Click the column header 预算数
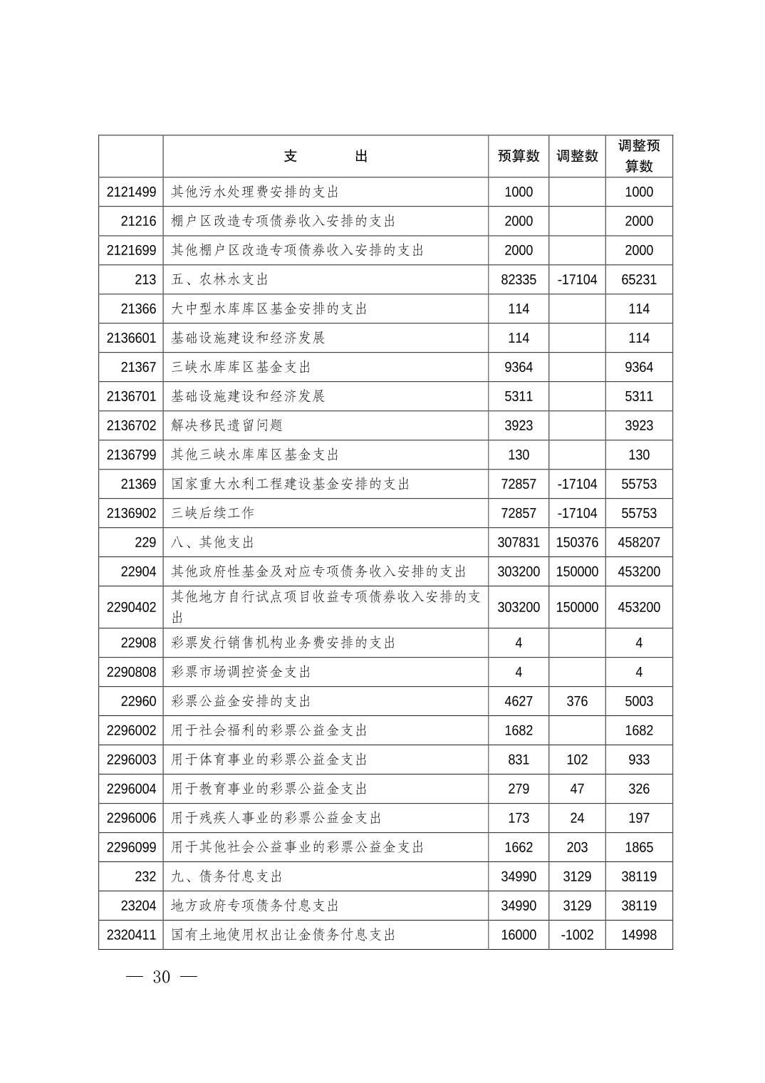coord(518,156)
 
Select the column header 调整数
coord(577,156)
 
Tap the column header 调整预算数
coord(639,156)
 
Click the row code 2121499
coord(131,192)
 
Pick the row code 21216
coord(138,221)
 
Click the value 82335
coord(518,279)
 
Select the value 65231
coord(639,279)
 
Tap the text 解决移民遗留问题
coord(227,425)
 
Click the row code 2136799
coord(131,455)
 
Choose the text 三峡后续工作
coord(212,513)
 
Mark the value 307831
coord(518,542)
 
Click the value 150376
coord(577,542)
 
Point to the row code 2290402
coord(131,607)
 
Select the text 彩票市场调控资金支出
coord(241,672)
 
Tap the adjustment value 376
coord(577,701)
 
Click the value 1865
coord(639,847)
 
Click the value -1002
coord(577,935)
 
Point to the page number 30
coord(162,977)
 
